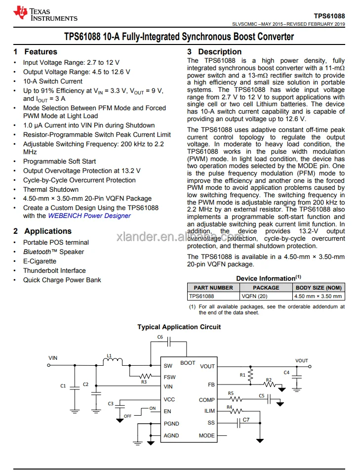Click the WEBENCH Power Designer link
(89, 215)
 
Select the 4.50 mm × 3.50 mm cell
(318, 296)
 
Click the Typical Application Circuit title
(179, 327)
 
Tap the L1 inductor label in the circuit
(110, 355)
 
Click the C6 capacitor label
(160, 337)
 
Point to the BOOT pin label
(188, 363)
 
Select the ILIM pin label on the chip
(209, 411)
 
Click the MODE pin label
(206, 435)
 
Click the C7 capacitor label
(246, 420)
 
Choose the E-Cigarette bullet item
(40, 261)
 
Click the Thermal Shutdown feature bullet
(51, 189)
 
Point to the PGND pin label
(171, 424)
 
